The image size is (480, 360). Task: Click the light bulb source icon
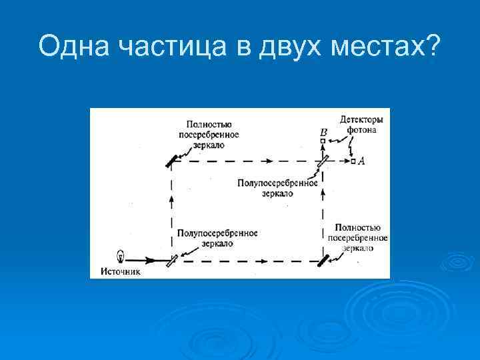[121, 255]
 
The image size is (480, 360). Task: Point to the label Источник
[121, 271]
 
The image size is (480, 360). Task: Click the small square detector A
[353, 161]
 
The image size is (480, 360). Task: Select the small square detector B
[323, 141]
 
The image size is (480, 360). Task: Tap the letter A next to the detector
[362, 161]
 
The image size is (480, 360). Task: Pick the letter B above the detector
[323, 132]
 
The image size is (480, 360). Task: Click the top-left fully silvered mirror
[173, 161]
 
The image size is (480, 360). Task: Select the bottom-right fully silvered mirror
[323, 260]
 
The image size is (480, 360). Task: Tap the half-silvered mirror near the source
[173, 260]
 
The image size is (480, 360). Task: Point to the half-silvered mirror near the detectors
[323, 161]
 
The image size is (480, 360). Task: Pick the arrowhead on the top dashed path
[268, 161]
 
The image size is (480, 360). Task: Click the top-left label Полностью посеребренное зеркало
[209, 134]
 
